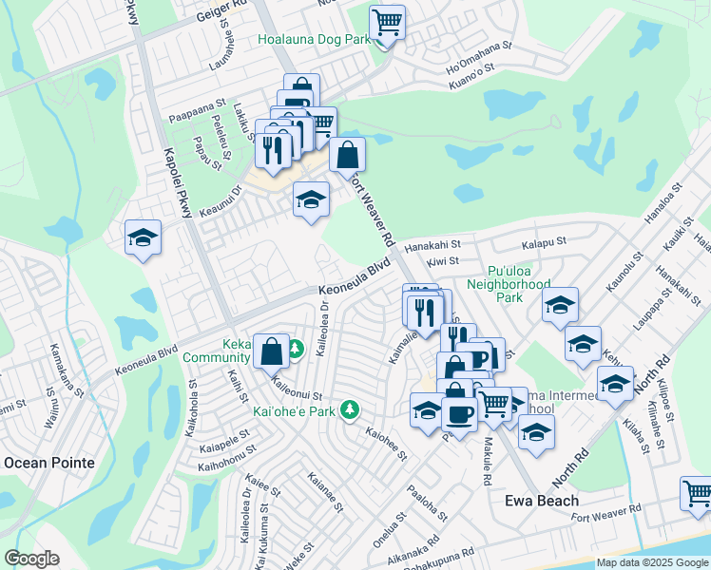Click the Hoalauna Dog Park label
click(315, 40)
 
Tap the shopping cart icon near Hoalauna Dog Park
click(388, 21)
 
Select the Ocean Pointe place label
click(49, 463)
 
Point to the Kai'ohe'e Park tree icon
click(351, 409)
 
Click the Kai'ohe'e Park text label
click(295, 411)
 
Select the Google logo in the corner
click(31, 559)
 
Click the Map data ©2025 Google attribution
click(653, 562)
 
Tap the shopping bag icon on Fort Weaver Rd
click(348, 154)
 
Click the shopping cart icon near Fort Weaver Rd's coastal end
click(697, 494)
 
